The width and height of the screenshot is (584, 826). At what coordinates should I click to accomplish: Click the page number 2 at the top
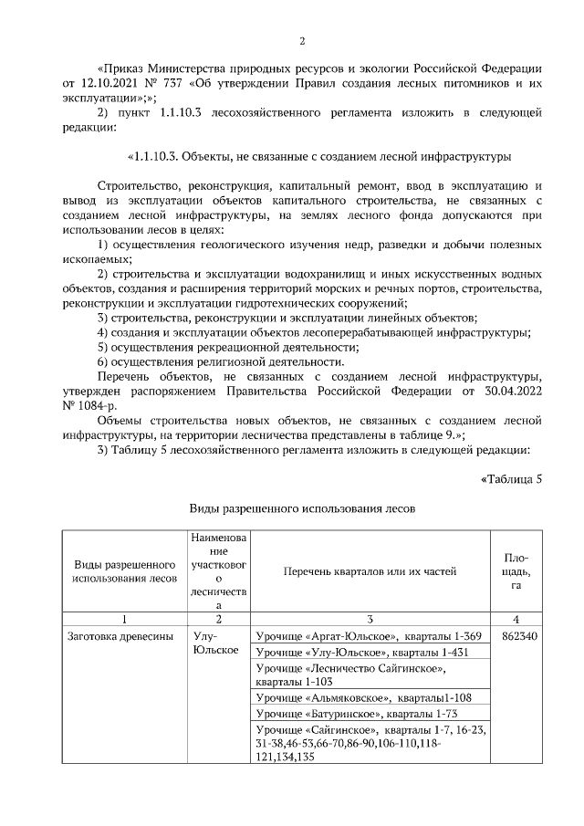[x=302, y=41]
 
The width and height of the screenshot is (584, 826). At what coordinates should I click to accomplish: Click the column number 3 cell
[x=370, y=618]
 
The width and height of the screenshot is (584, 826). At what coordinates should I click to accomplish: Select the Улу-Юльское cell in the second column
[x=216, y=643]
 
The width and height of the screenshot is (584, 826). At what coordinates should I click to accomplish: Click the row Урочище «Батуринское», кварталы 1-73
[x=345, y=713]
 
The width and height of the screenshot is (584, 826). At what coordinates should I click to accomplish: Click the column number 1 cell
[x=124, y=618]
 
